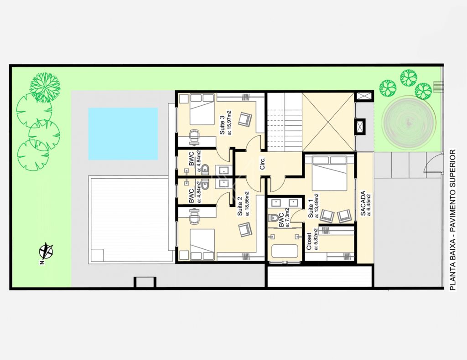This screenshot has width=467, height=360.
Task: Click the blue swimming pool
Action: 123,134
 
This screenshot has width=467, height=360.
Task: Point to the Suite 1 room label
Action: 311,211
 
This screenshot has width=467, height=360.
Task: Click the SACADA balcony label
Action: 363,204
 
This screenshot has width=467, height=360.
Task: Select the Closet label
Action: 309,241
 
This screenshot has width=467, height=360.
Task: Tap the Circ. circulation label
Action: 262,163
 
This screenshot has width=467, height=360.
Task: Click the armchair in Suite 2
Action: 245,230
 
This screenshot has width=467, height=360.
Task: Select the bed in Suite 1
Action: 329,174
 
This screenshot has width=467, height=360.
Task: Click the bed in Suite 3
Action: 202,109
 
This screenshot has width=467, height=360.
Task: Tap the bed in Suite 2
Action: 202,245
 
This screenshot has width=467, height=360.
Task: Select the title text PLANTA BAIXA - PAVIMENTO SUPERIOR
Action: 452,220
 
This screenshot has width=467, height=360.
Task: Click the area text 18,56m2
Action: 247,203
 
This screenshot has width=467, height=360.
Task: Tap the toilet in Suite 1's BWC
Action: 273,219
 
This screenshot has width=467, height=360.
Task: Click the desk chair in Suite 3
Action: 194,138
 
